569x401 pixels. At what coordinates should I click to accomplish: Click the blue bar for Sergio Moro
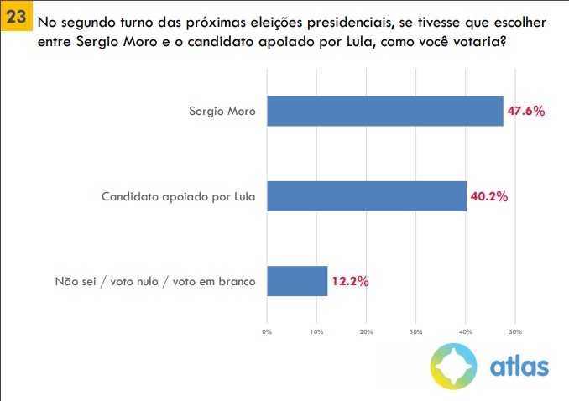pos(384,111)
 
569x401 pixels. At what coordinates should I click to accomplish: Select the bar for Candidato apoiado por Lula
pos(366,196)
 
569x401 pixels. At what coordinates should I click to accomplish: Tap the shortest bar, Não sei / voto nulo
pos(297,281)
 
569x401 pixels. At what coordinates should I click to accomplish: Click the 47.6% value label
pos(527,111)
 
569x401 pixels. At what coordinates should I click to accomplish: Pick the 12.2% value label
pos(350,281)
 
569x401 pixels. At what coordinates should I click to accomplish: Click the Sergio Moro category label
pos(222,111)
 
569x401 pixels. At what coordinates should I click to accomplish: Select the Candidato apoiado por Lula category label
pos(178,196)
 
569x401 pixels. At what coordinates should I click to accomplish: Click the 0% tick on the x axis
pos(267,332)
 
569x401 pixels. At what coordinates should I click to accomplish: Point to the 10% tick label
pos(316,332)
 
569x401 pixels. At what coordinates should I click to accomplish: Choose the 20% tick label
pos(366,332)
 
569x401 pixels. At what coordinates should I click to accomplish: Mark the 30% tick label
pos(415,332)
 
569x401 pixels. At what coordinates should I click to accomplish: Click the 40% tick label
pos(466,332)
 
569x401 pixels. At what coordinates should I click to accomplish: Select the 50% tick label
pos(515,332)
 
